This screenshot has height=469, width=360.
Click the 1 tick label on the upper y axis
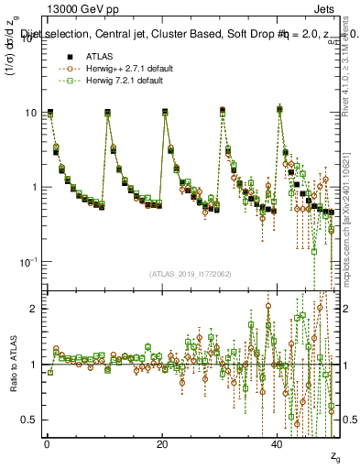click(34, 187)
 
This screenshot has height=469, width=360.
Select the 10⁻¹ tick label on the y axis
click(27, 262)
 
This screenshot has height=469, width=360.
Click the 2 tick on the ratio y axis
click(34, 309)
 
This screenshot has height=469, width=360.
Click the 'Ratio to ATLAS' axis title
click(13, 366)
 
